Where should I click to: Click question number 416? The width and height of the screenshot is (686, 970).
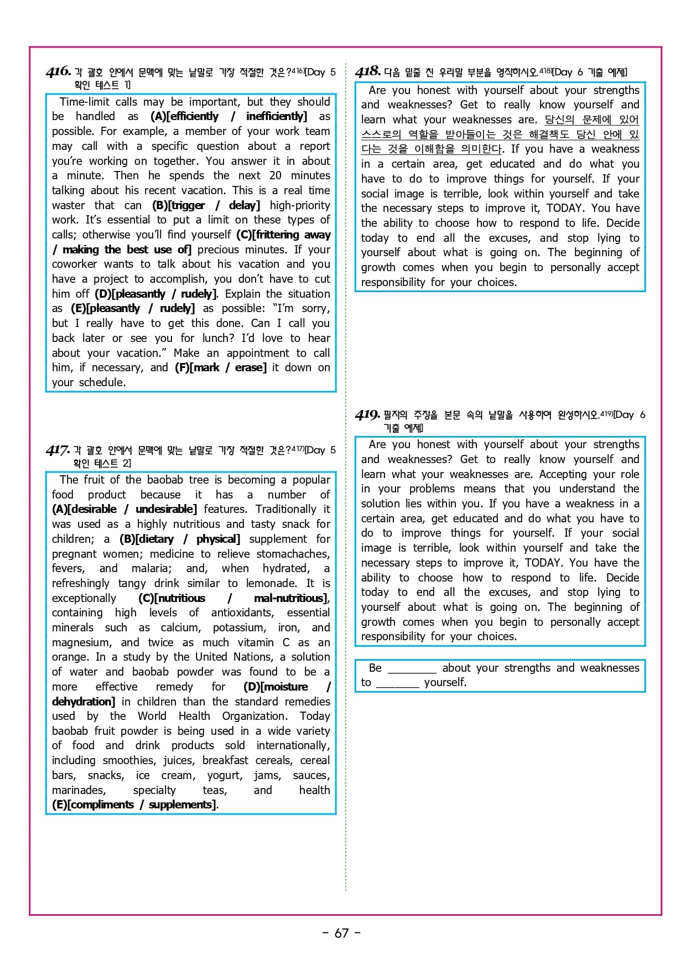click(59, 71)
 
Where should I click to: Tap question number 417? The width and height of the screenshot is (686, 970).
click(58, 450)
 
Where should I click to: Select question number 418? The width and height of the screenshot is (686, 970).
click(368, 71)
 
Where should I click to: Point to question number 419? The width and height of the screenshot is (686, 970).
click(367, 414)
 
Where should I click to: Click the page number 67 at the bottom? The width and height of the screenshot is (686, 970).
click(341, 933)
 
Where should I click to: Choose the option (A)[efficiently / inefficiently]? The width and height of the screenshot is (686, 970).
click(228, 117)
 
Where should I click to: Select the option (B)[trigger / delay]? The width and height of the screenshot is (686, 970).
click(206, 205)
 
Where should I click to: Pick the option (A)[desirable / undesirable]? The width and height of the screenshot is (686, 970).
click(124, 509)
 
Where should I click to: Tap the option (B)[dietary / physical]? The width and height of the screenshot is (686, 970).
click(180, 539)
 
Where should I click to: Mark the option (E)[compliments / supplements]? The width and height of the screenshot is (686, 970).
click(134, 805)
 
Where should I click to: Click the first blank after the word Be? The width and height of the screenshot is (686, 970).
click(412, 669)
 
